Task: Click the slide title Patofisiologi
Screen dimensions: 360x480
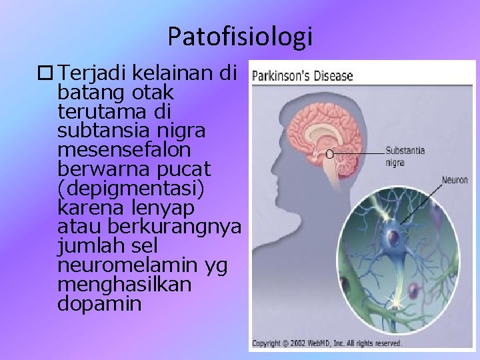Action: (x=240, y=37)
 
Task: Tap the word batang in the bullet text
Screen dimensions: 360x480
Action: (x=91, y=90)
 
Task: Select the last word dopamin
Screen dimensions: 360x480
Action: (x=99, y=303)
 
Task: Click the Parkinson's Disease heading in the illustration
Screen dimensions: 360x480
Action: (x=302, y=75)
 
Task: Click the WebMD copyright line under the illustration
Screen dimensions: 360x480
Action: (x=327, y=343)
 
